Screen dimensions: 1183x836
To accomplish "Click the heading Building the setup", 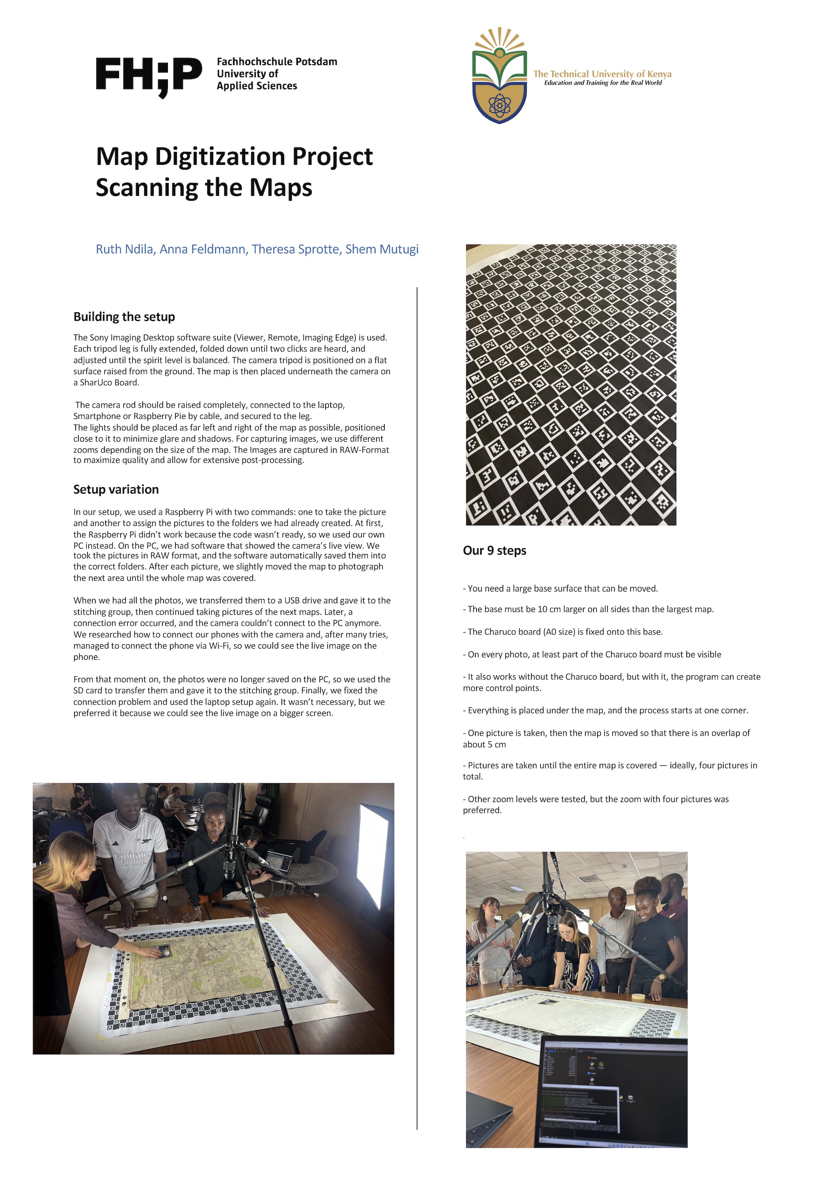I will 124,317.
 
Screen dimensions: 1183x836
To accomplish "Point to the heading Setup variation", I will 116,489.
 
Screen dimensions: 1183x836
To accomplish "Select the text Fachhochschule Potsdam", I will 277,62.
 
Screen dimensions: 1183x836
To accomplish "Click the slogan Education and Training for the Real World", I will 603,83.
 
